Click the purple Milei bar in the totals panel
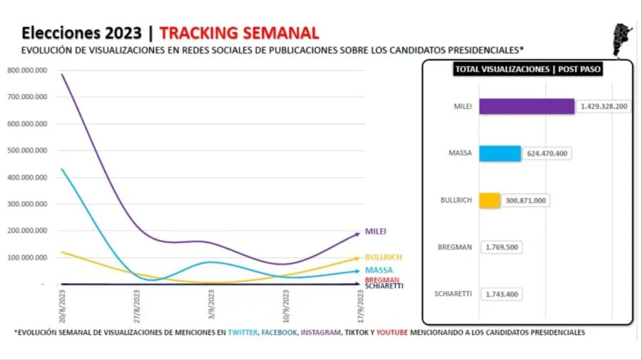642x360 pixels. point(526,106)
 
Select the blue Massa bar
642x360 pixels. point(499,153)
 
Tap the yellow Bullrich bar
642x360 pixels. point(489,200)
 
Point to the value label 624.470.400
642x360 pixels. point(546,153)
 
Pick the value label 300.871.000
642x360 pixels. point(523,200)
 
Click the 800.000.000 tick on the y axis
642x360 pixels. point(27,70)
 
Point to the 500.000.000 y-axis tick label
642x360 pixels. point(27,150)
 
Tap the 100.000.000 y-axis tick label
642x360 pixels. point(27,257)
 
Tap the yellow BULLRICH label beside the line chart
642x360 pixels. point(384,257)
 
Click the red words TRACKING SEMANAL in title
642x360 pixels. point(239,33)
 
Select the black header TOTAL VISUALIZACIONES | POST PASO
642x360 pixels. point(526,70)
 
